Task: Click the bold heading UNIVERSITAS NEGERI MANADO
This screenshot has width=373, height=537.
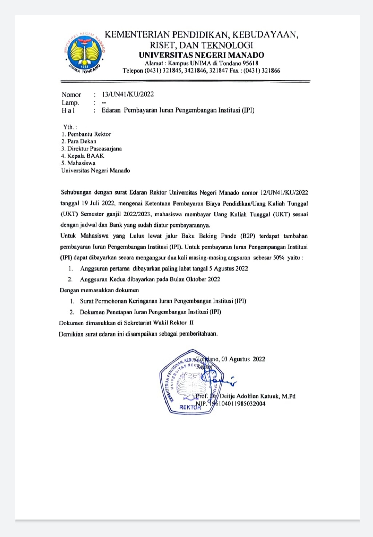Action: [201, 55]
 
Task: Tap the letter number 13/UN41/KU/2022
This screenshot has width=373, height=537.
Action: [128, 94]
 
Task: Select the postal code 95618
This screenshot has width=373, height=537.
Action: [249, 63]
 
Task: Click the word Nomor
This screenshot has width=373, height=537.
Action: [71, 94]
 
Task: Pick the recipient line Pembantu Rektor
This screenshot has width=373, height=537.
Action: [89, 134]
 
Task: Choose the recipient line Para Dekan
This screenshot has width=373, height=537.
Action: [82, 141]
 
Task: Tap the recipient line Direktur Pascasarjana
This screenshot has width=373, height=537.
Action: [94, 149]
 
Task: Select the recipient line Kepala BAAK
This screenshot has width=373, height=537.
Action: [86, 156]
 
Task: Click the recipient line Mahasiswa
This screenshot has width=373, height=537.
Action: [81, 163]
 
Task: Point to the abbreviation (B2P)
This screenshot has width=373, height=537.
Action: [248, 236]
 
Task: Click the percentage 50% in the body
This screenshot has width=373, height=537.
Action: [278, 258]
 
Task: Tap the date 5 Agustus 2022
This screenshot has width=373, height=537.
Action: [229, 268]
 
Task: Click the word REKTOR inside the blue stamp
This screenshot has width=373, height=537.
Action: [190, 407]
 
